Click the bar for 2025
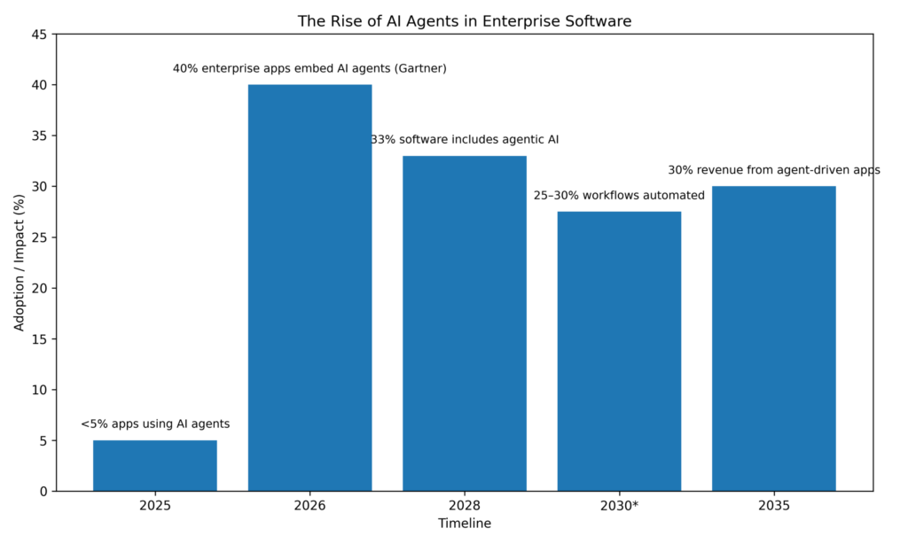pos(154,465)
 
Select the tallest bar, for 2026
pos(309,288)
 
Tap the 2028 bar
pos(464,323)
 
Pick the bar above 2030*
pos(619,351)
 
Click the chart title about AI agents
pos(465,21)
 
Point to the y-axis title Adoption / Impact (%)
pos(20,262)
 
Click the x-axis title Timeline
pos(465,524)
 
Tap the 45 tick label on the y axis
pos(39,35)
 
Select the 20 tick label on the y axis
pos(39,288)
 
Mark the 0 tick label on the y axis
pos(43,491)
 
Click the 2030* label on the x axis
pos(619,506)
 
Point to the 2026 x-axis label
pos(309,506)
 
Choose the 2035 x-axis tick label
pos(773,506)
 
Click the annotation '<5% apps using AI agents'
pos(155,424)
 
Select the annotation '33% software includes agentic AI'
pos(465,140)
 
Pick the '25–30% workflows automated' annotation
pos(619,195)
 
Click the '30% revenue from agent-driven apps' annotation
pos(773,170)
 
